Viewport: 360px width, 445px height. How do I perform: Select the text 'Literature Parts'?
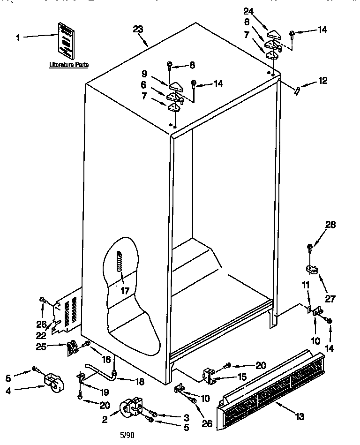tap(69, 65)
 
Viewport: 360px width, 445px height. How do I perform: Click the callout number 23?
tap(138, 29)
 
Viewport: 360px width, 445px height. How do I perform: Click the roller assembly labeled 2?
tap(131, 407)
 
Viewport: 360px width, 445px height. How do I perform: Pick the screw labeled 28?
tap(310, 247)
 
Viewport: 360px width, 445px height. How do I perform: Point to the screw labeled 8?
tap(170, 65)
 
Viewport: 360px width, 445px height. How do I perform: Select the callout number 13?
tap(300, 416)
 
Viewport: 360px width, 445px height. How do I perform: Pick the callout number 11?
tap(306, 285)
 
